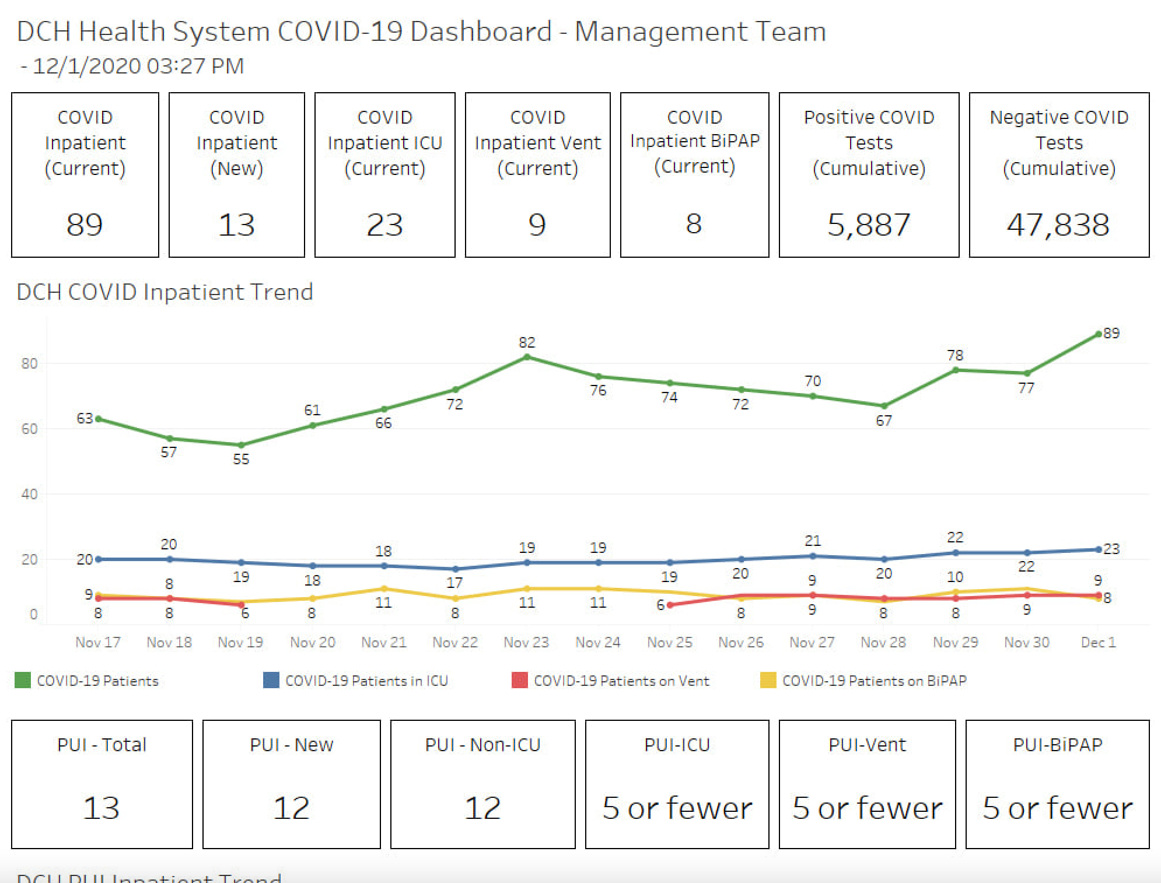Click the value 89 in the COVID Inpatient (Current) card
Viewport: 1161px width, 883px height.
point(85,225)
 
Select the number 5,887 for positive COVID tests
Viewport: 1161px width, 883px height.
point(868,225)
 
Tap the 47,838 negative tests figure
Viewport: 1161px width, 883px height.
point(1058,225)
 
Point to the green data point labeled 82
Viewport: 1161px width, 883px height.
point(527,357)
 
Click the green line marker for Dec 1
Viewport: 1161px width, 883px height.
point(1098,334)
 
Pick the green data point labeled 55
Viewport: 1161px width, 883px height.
point(241,445)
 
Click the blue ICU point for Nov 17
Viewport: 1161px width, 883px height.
point(99,559)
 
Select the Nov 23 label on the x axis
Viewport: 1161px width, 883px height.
point(526,642)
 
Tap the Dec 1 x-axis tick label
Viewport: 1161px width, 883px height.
point(1098,642)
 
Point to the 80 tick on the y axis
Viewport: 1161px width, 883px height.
point(29,364)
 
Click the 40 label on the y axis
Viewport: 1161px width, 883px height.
point(29,495)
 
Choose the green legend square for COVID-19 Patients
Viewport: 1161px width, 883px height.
point(23,680)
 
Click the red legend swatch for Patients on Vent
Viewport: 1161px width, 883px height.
point(519,680)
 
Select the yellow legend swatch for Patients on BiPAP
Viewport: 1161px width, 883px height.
point(768,680)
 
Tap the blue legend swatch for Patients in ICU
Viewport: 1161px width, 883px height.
point(271,680)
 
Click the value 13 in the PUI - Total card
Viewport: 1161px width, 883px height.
point(102,808)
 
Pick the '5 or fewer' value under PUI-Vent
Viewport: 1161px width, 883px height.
point(867,808)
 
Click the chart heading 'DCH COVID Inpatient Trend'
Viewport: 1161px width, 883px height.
point(165,292)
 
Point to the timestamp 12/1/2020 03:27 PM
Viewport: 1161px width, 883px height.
point(138,66)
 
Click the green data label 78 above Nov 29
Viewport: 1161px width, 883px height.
point(955,355)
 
